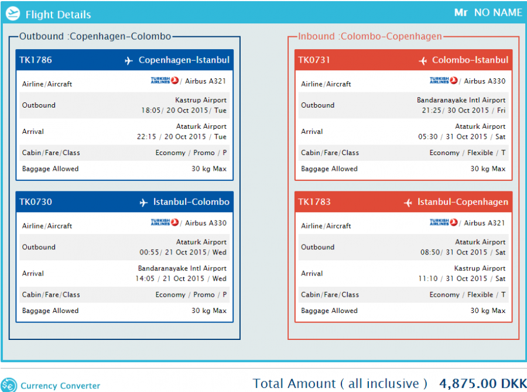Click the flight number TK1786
point(36,60)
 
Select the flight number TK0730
point(36,202)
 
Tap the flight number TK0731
point(314,60)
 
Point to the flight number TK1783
point(314,202)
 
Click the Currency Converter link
point(60,386)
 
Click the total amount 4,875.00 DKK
point(482,384)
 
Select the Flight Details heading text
point(58,15)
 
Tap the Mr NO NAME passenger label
point(488,12)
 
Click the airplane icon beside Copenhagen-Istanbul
point(129,61)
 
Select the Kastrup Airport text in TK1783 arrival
point(480,269)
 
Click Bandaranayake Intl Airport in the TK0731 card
point(461,101)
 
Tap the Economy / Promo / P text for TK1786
point(191,153)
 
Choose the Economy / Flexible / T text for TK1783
point(467,295)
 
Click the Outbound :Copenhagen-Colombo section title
point(95,36)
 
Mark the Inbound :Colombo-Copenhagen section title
point(369,36)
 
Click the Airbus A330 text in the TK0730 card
point(206,223)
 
